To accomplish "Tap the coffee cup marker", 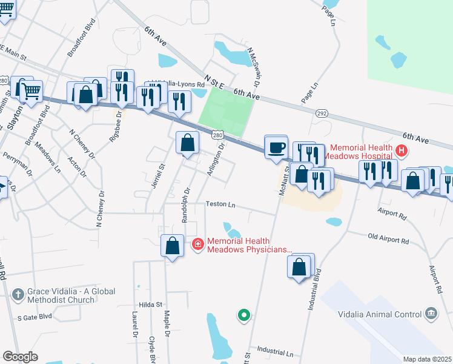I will click(277, 147).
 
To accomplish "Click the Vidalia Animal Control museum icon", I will click(431, 313).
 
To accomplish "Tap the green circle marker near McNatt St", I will click(243, 315).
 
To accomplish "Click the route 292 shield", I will click(322, 113).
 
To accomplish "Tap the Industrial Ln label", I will click(274, 351).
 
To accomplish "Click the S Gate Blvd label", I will click(36, 317).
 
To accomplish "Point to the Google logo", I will click(20, 357).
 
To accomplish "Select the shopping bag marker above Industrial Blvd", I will click(300, 266).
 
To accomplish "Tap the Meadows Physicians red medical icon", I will click(197, 244).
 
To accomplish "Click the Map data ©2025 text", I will click(427, 359).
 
